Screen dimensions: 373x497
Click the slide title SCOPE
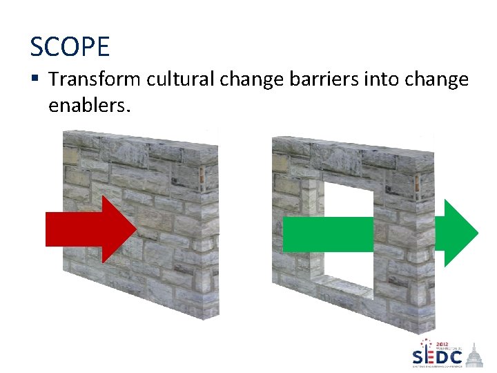(70, 47)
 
